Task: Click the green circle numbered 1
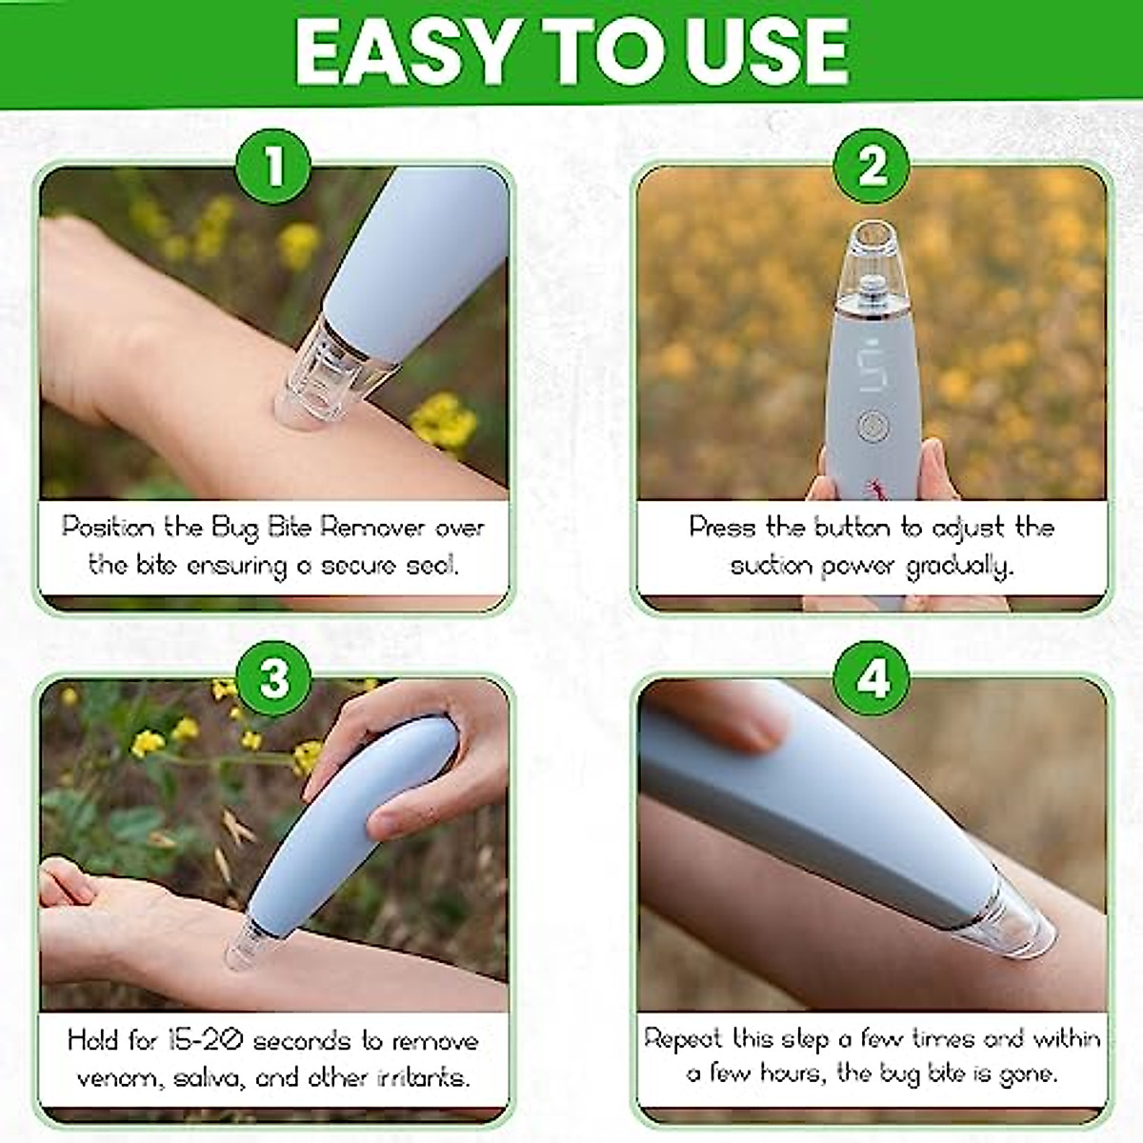pos(274,168)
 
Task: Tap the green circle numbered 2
pos(872,168)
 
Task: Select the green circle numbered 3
pos(274,680)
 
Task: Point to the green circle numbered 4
pos(872,680)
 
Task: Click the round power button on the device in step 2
pos(869,425)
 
